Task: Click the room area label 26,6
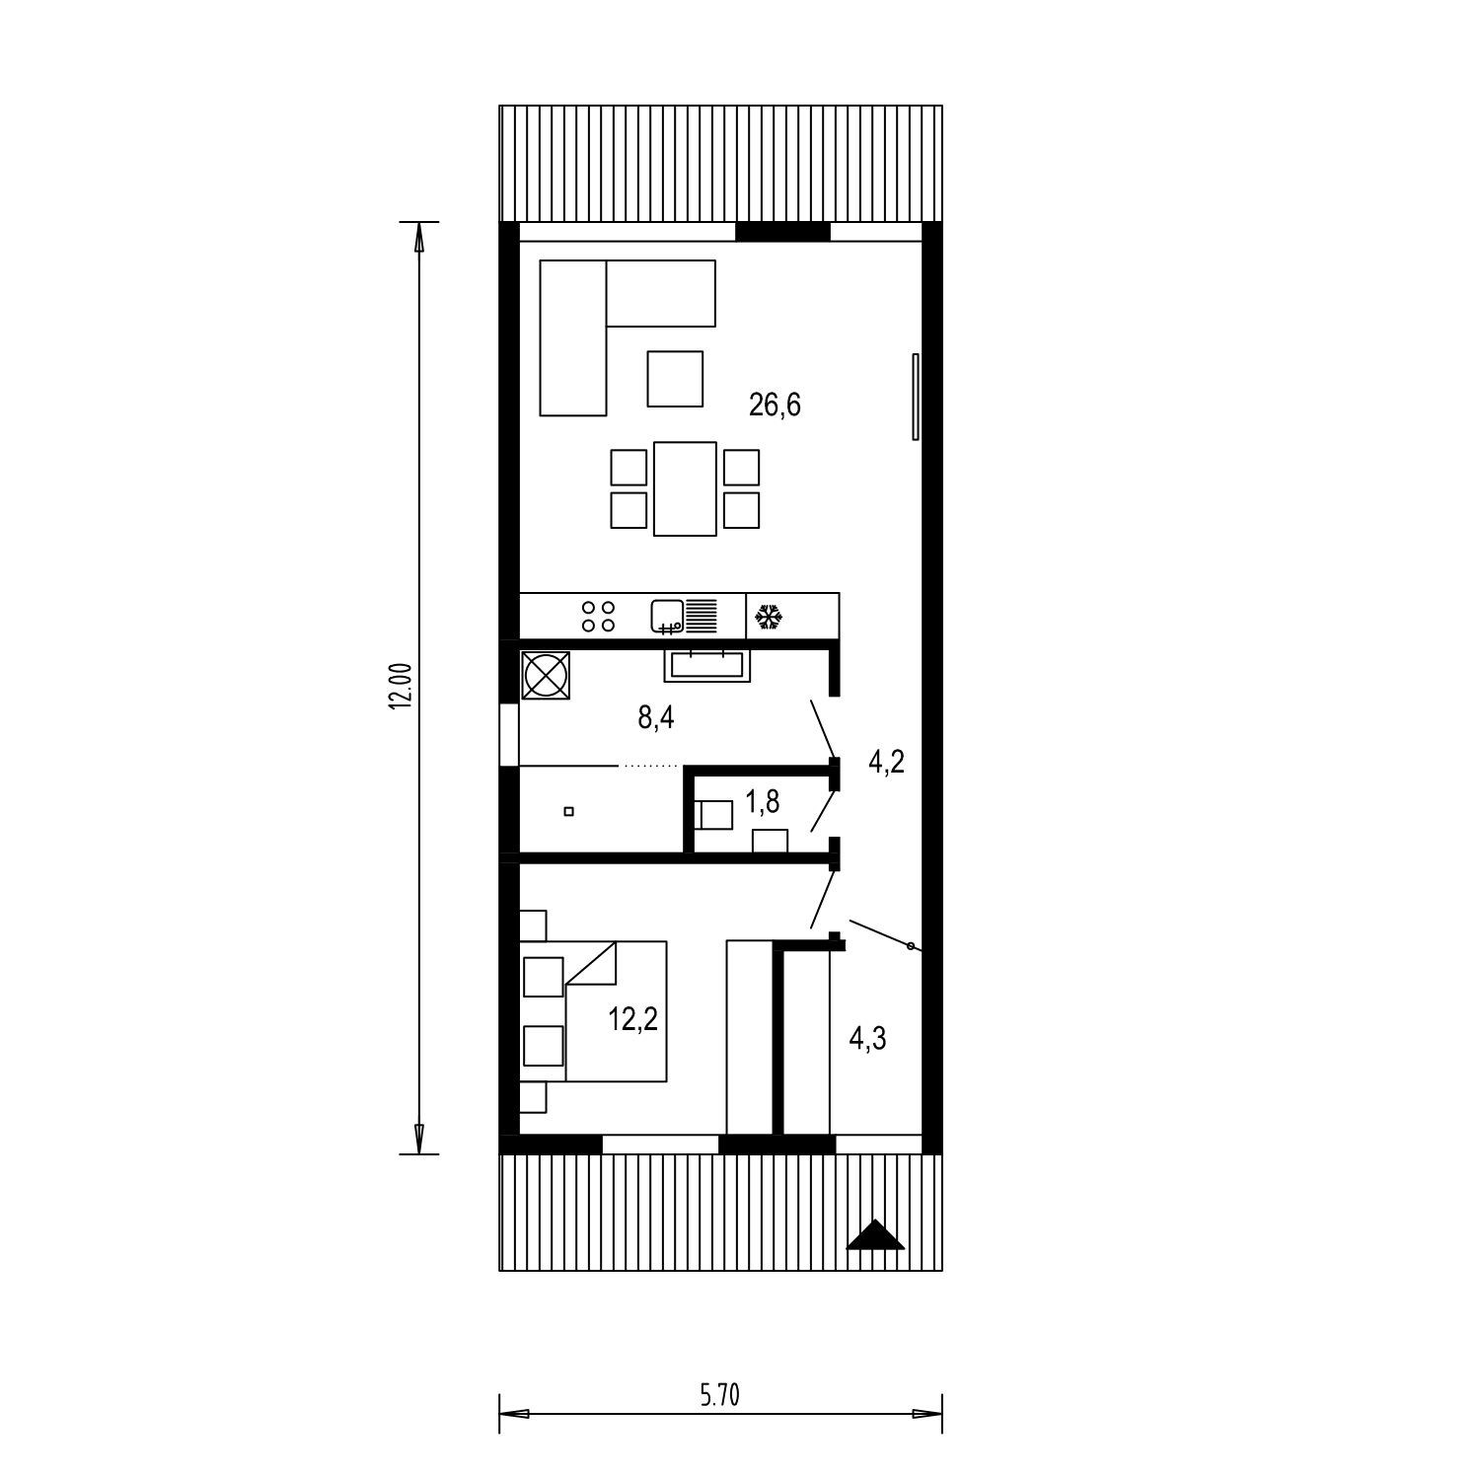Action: pos(775,405)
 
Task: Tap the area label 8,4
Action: pos(655,717)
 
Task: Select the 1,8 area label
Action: pos(762,802)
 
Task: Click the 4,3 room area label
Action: pos(867,1038)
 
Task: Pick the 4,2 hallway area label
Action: pos(886,762)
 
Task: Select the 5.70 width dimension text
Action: pos(719,1394)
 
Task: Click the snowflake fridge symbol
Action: pos(769,619)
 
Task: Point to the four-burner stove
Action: pos(598,617)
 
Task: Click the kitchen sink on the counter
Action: pos(683,616)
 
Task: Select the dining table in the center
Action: pos(685,488)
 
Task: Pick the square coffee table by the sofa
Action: pos(675,378)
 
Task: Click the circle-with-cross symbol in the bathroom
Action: pos(545,677)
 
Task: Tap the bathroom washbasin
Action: pos(706,665)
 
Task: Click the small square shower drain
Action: pos(568,812)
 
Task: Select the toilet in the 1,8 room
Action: pos(714,815)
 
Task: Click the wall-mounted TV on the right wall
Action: pos(916,397)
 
